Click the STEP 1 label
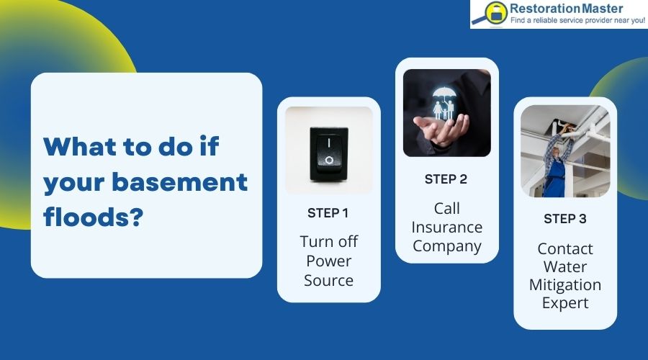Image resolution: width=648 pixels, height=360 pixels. [x=328, y=212]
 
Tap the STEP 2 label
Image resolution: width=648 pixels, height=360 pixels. [x=446, y=179]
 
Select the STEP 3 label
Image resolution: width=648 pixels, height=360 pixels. [x=564, y=219]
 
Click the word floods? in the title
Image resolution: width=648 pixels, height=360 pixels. [x=91, y=215]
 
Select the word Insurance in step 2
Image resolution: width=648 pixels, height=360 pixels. [x=446, y=227]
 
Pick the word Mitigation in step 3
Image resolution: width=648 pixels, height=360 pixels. [x=564, y=284]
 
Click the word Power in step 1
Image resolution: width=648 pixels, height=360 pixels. [x=328, y=261]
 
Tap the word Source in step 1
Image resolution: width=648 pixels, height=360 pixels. [x=328, y=280]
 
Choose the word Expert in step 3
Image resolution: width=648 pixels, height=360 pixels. [x=564, y=303]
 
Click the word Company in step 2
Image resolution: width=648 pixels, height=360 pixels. [x=446, y=246]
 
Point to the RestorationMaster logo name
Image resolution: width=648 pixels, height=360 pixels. [x=566, y=9]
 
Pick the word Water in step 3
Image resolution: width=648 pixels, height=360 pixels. [x=564, y=266]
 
